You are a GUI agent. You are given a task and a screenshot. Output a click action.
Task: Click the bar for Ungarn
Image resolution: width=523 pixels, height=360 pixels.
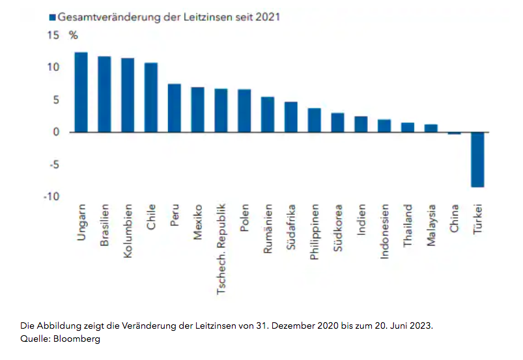[81, 92]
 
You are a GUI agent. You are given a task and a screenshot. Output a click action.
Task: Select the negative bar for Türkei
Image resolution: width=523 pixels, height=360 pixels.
[477, 159]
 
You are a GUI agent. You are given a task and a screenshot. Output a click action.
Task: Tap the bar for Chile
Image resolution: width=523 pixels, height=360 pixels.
[151, 98]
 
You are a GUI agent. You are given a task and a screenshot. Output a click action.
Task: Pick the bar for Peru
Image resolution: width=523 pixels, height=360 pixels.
[174, 108]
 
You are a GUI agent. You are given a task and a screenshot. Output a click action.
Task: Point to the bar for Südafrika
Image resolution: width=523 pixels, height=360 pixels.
[290, 117]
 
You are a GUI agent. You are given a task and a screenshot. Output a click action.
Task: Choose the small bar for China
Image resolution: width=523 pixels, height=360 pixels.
[454, 133]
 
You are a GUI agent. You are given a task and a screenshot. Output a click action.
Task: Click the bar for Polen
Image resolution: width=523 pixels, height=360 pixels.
[244, 111]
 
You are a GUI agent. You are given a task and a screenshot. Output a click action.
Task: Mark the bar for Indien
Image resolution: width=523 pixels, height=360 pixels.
[361, 124]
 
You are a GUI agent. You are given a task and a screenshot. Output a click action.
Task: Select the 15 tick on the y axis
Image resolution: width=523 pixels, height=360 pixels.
[52, 35]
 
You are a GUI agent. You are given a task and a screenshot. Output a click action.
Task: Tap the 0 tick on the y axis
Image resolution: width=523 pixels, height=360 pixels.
[56, 132]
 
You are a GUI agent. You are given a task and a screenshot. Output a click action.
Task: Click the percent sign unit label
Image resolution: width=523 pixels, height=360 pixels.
[73, 35]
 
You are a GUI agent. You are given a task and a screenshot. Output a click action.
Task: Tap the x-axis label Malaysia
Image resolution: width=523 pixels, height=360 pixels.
[431, 227]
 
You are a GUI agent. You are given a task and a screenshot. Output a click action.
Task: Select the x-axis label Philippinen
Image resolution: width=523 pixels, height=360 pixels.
[314, 233]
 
